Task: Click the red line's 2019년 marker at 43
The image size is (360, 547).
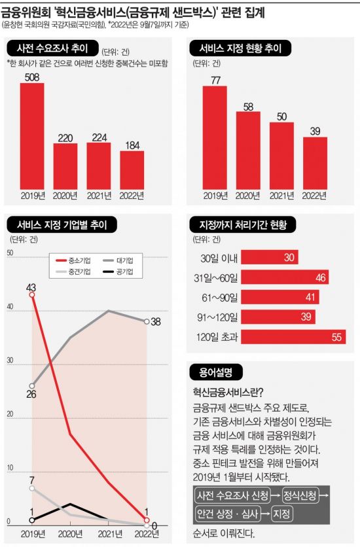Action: coord(32,295)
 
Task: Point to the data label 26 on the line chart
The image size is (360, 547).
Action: coord(31,395)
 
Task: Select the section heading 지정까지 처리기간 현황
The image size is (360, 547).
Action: coord(242,224)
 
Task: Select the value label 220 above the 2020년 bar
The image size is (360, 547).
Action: coord(65,138)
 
